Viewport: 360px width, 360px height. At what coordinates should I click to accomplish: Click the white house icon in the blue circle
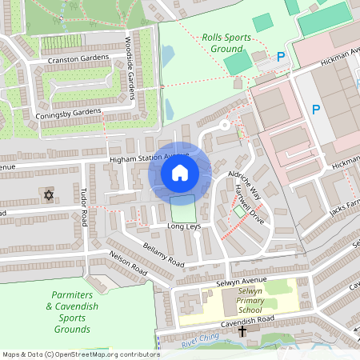click(x=180, y=173)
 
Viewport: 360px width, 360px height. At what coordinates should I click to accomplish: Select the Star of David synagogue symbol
click(x=47, y=194)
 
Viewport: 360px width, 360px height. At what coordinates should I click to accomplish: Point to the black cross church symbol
click(x=242, y=330)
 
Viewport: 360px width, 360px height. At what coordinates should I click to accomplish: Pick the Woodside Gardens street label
click(x=129, y=67)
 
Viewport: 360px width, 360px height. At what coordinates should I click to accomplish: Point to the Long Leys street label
click(x=182, y=227)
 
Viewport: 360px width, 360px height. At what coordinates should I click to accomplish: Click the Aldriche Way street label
click(x=244, y=183)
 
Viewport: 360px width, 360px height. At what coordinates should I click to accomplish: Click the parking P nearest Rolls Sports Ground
click(x=279, y=57)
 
